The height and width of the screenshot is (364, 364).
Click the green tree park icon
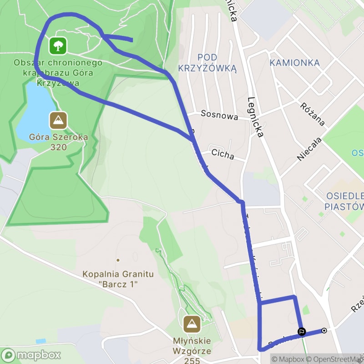pos(58,45)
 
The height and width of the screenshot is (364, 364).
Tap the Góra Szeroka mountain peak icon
pos(58,121)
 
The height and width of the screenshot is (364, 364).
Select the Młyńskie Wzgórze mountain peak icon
pos(192,324)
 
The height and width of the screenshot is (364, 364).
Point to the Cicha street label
pos(223,155)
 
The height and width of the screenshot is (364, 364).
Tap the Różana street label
pos(313,114)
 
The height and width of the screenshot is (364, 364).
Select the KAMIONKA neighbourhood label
pos(294,63)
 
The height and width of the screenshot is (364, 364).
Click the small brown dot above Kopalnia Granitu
pos(118,260)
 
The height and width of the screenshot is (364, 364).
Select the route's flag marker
pos(301,331)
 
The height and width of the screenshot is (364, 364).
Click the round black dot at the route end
pos(324,331)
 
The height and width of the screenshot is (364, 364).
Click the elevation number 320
pos(59,147)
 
